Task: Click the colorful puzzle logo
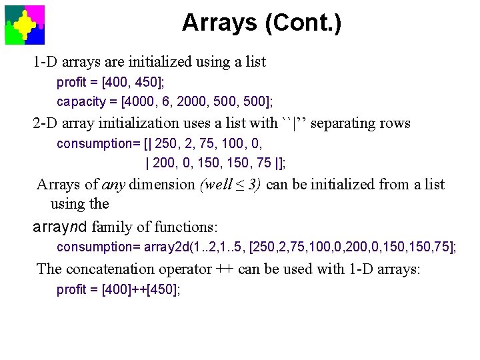pyautogui.click(x=25, y=25)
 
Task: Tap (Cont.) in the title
pyautogui.click(x=303, y=23)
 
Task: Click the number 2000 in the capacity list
pyautogui.click(x=201, y=101)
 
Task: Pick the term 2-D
pyautogui.click(x=48, y=123)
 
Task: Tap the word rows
pyautogui.click(x=395, y=123)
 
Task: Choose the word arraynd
pyautogui.click(x=61, y=226)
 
